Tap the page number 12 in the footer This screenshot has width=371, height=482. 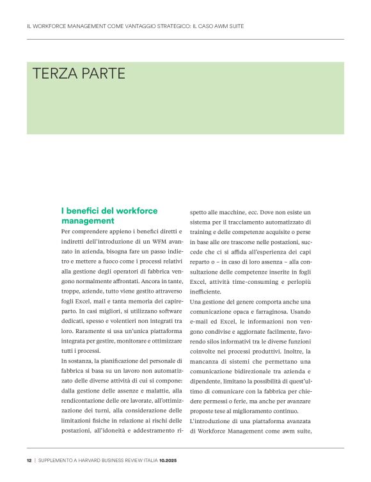point(29,461)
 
